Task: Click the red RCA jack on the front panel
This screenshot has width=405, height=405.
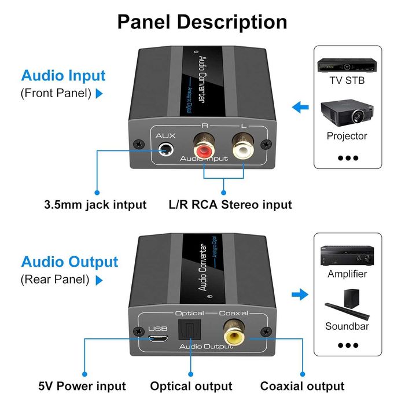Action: click(x=204, y=147)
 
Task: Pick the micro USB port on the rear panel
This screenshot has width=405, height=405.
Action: click(x=157, y=339)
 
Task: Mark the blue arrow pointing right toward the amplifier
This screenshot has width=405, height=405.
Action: click(x=300, y=295)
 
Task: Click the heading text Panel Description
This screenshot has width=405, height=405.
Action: click(x=203, y=22)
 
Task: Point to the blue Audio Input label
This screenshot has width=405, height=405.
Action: click(x=64, y=76)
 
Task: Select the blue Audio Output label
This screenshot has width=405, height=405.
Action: click(x=69, y=262)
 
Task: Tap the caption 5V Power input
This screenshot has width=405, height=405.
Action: click(x=82, y=386)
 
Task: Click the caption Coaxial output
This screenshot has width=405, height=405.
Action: click(x=302, y=386)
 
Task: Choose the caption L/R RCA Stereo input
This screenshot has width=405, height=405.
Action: click(x=230, y=204)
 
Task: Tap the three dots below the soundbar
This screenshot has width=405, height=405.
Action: click(x=348, y=345)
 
